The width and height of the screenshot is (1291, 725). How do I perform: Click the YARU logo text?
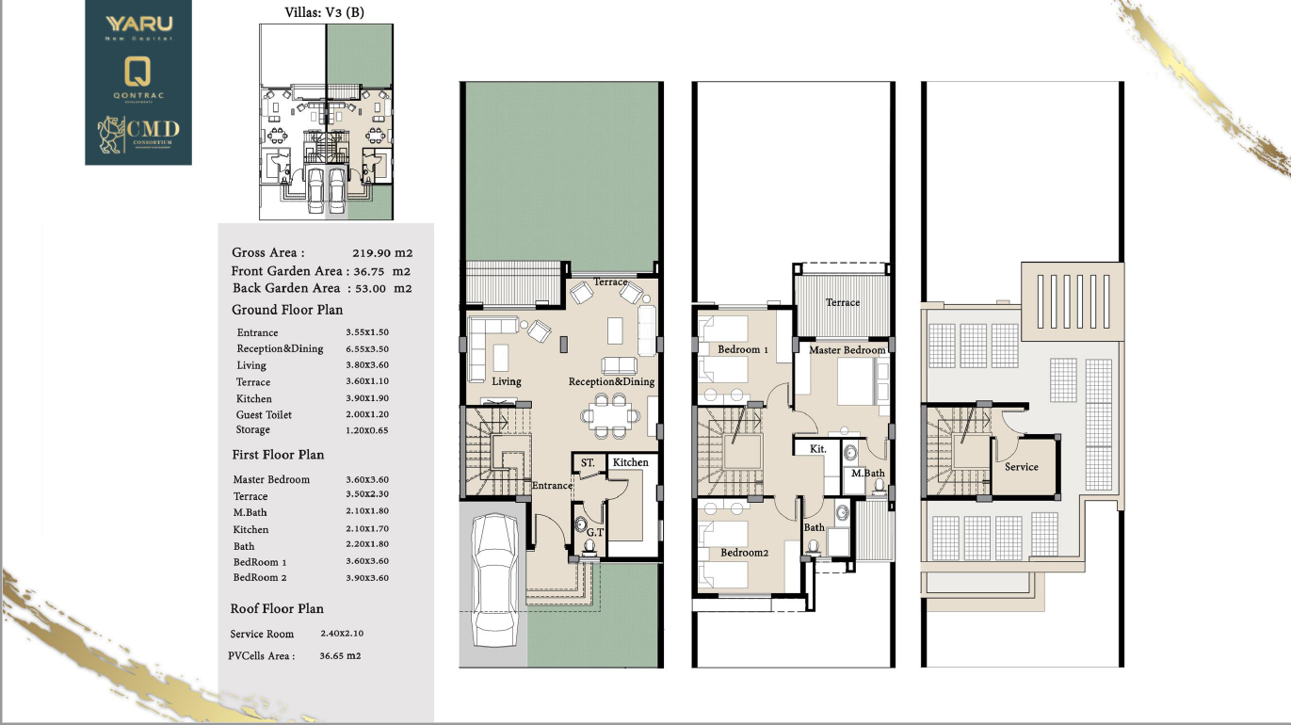[139, 24]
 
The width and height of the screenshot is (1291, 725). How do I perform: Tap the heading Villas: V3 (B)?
[325, 12]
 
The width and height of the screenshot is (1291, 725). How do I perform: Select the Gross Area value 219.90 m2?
[382, 253]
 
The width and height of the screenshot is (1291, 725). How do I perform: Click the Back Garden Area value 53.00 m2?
[383, 289]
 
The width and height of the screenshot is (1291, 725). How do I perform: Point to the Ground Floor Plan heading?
[287, 310]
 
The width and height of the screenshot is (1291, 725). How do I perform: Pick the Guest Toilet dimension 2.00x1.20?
[367, 414]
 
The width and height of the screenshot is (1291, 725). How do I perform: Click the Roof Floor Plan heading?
[277, 608]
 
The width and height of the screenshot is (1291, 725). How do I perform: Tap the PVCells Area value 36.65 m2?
[340, 656]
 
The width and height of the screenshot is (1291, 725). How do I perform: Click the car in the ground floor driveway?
[494, 580]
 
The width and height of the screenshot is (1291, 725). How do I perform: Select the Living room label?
[507, 381]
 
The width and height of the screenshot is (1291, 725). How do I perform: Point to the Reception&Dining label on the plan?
[611, 381]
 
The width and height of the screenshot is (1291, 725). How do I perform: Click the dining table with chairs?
[610, 415]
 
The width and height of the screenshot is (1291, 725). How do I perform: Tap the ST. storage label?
[588, 463]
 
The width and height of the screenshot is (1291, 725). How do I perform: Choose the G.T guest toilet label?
[595, 533]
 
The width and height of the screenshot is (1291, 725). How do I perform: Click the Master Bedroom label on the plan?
[847, 350]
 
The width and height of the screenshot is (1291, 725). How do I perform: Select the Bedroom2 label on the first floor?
[745, 553]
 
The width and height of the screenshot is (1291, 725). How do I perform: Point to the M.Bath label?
[868, 474]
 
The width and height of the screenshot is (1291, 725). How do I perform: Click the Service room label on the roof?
[1022, 467]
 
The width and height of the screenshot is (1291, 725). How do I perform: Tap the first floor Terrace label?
[843, 302]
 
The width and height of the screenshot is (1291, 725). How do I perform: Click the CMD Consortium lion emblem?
[111, 135]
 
